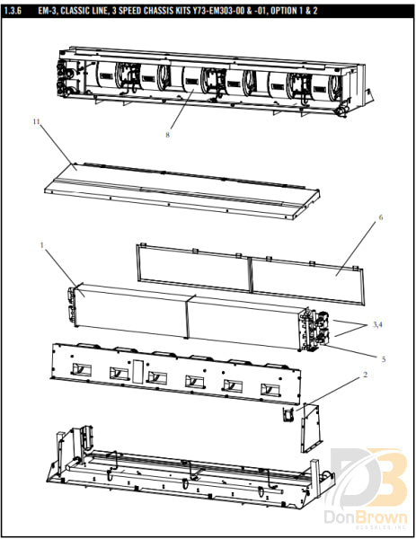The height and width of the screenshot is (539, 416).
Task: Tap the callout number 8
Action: (167, 137)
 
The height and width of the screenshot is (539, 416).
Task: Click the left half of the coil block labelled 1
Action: (130, 310)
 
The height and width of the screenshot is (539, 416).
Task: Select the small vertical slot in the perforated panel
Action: (137, 368)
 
